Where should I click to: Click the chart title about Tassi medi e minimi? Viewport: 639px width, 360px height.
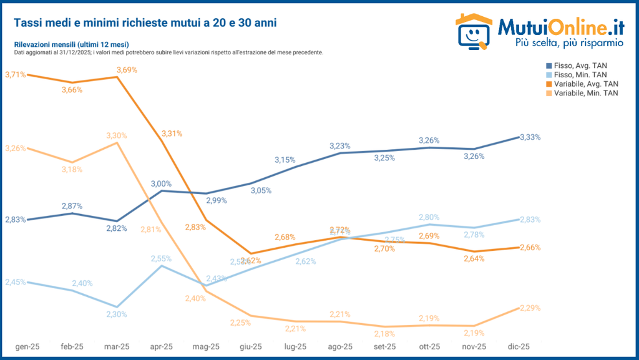click(145, 22)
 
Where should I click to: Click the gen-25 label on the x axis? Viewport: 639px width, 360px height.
click(29, 347)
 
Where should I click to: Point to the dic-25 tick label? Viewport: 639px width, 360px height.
click(518, 347)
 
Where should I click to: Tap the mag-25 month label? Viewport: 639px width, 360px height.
click(207, 347)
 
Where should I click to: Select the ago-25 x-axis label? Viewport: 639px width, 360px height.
click(340, 347)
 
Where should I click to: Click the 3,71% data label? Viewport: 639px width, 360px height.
click(15, 75)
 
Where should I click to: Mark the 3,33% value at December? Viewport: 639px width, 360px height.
click(530, 137)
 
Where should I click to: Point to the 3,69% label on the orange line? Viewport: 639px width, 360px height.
click(127, 71)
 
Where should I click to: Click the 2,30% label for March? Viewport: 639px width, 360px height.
click(116, 314)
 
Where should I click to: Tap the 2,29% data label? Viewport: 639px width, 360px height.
click(530, 308)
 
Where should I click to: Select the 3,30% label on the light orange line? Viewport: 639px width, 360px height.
click(117, 135)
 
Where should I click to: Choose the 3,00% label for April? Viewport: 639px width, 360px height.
click(161, 183)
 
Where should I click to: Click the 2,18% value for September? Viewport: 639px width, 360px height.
click(384, 334)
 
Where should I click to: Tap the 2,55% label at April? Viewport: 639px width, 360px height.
click(161, 258)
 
